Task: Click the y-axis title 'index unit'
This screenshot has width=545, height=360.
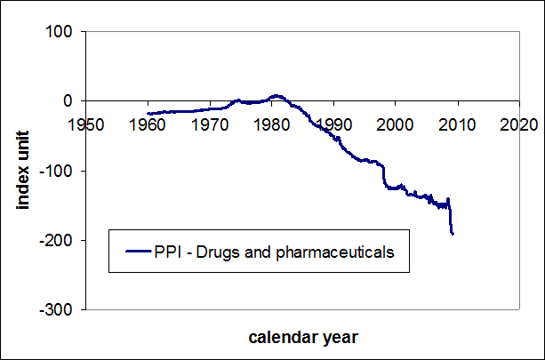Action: pyautogui.click(x=25, y=170)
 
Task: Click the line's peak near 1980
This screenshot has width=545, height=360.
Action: pyautogui.click(x=277, y=94)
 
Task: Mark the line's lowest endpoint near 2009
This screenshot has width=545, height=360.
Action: pyautogui.click(x=453, y=234)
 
